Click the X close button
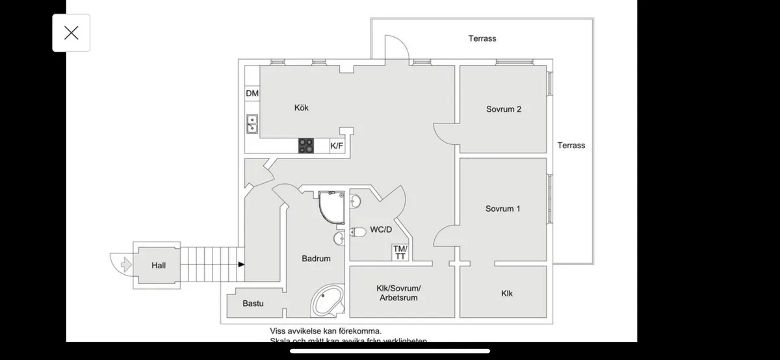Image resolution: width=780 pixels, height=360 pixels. point(71,33)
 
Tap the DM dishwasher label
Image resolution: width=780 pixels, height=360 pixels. point(252,94)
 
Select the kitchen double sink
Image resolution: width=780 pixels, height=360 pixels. point(252,123)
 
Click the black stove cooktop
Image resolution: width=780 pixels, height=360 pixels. point(305,146)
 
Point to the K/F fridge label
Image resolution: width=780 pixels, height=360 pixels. point(337,146)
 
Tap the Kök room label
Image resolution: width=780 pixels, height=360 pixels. point(301,108)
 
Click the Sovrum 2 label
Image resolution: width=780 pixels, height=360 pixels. point(504,109)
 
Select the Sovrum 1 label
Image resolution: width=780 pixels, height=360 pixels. point(503,209)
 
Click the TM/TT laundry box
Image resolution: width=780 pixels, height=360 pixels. point(400,253)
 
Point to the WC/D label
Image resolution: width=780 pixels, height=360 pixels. point(381,230)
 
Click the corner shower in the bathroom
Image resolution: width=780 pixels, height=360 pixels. point(331,206)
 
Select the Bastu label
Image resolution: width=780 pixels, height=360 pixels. point(253,303)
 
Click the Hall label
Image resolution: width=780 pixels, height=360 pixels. point(159,265)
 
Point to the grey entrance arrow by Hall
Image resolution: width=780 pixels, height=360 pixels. point(123,264)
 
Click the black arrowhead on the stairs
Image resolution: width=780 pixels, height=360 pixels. point(242,264)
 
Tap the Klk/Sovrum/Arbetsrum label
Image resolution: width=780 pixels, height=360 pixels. point(399,293)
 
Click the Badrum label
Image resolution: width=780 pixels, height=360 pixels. point(316,259)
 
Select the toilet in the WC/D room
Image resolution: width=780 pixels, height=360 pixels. point(358,231)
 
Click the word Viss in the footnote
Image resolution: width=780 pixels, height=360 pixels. point(279,331)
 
